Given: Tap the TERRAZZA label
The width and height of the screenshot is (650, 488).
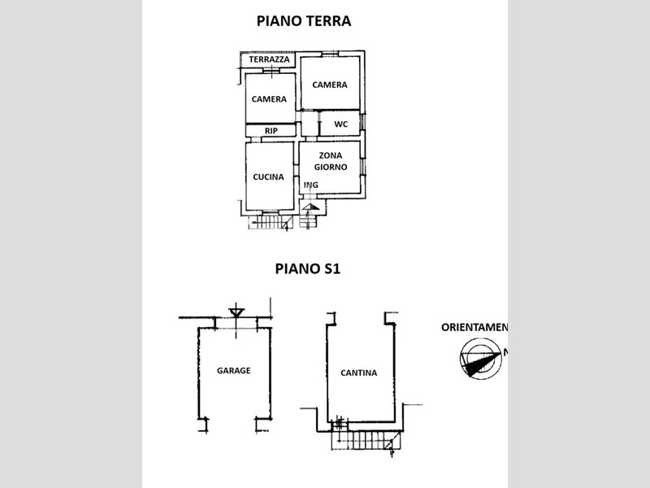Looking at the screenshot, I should [x=269, y=60].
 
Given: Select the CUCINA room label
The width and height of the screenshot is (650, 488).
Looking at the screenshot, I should [x=268, y=176].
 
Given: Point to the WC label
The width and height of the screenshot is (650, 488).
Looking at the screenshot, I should [x=341, y=124].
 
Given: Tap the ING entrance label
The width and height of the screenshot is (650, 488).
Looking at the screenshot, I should [x=310, y=185].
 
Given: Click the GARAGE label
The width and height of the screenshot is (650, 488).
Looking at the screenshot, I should [x=233, y=370].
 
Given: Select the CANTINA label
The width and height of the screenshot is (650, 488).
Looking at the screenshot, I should [x=360, y=373].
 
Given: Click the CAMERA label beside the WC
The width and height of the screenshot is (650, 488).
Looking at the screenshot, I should [x=330, y=85].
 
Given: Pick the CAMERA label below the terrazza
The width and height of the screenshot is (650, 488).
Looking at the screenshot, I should [x=269, y=99].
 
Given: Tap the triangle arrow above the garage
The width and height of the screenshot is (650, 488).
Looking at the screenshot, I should [x=236, y=312].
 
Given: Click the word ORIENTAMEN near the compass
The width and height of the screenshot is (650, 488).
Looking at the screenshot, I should [x=474, y=328].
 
